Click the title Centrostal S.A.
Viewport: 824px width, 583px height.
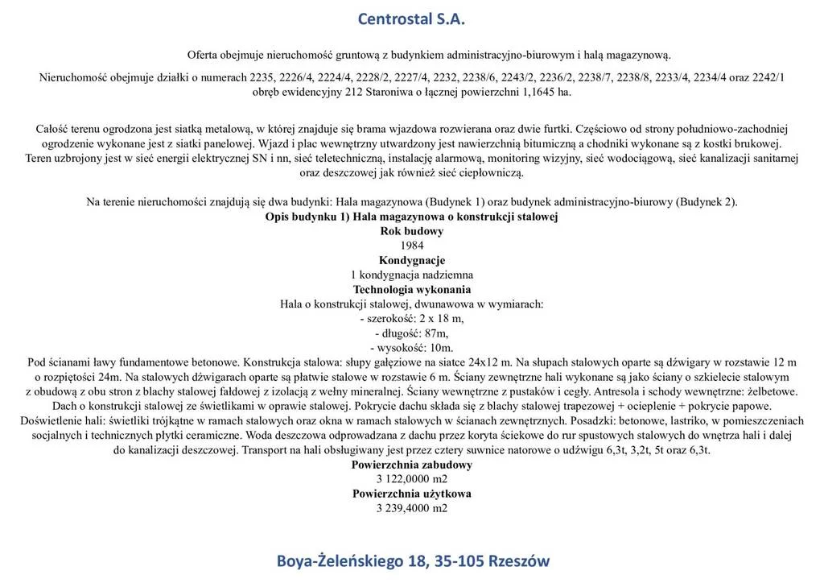[411, 19]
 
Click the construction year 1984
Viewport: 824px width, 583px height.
[411, 246]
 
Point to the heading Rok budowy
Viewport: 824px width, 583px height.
[411, 231]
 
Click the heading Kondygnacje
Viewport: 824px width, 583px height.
[411, 260]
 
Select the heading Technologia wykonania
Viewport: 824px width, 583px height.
[411, 289]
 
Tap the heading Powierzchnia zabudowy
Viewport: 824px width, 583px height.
[411, 465]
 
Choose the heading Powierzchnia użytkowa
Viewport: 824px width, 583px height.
[411, 494]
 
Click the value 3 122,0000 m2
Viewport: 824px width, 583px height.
[411, 479]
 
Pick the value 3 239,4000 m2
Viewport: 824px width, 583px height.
[411, 508]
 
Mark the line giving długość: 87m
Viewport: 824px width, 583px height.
[411, 333]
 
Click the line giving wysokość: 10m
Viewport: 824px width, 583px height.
[411, 348]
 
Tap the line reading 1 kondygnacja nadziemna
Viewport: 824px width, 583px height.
[411, 275]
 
